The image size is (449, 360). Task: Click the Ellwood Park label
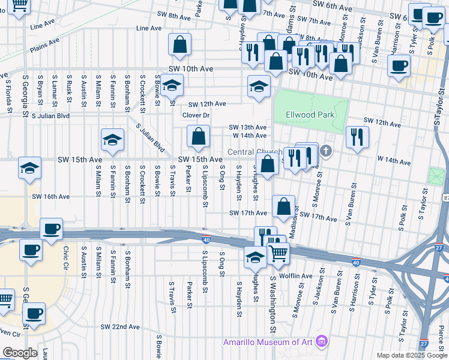310,114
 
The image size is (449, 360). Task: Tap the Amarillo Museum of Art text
268,342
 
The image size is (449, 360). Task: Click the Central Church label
256,152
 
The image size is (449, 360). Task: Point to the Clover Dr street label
196,115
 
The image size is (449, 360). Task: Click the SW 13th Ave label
248,127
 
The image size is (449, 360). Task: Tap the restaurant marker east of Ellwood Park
357,137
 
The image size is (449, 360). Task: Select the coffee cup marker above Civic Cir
52,229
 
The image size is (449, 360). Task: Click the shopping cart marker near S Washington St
278,253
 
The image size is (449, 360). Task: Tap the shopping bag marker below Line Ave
179,44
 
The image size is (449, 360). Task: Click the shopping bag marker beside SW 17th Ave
283,206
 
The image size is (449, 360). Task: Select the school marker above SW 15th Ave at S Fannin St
112,140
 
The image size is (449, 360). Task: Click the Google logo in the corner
19,353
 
